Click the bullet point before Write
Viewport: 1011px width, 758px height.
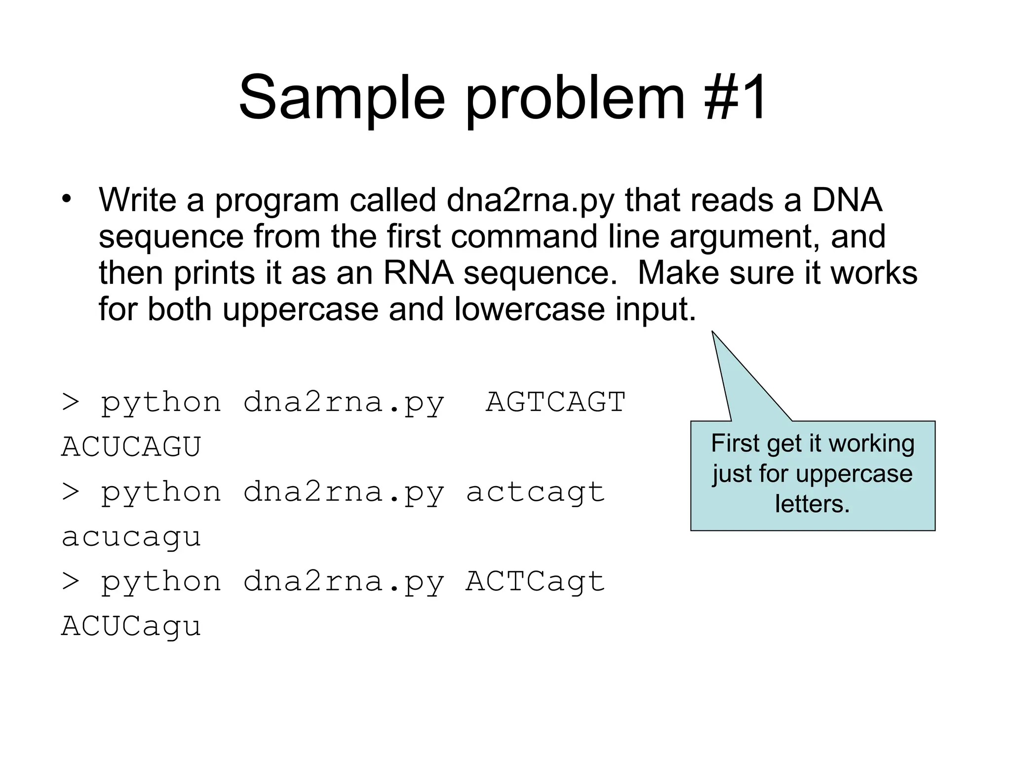(x=67, y=200)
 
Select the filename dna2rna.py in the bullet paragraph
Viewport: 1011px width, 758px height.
(x=531, y=201)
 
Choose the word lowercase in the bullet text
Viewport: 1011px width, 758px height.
(x=529, y=309)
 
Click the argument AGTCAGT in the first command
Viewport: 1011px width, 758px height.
(x=556, y=402)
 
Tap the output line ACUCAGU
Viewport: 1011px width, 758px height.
(x=131, y=447)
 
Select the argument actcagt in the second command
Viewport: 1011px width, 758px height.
(x=535, y=492)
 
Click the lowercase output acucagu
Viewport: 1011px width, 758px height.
(x=131, y=537)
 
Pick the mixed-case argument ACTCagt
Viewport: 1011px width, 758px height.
(x=535, y=581)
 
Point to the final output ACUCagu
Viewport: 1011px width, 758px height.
(x=131, y=626)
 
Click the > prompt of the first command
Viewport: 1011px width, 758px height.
(x=71, y=402)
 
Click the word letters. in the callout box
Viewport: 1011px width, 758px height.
(x=812, y=504)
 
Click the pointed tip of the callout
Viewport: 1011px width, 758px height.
(x=713, y=333)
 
